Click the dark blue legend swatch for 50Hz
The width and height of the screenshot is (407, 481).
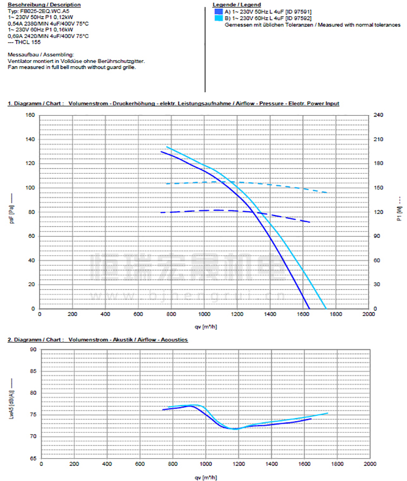(218, 11)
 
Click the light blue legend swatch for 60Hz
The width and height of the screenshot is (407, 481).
(218, 18)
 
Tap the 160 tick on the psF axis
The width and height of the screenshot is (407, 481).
(30, 115)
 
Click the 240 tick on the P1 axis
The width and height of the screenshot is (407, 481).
(379, 115)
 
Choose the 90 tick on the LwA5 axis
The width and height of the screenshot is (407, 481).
(32, 350)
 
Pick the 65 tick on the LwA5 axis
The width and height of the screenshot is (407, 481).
(32, 458)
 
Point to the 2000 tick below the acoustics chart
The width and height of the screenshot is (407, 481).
(370, 465)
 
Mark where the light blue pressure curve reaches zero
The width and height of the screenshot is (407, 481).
(327, 308)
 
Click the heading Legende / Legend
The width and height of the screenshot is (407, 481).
(232, 4)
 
